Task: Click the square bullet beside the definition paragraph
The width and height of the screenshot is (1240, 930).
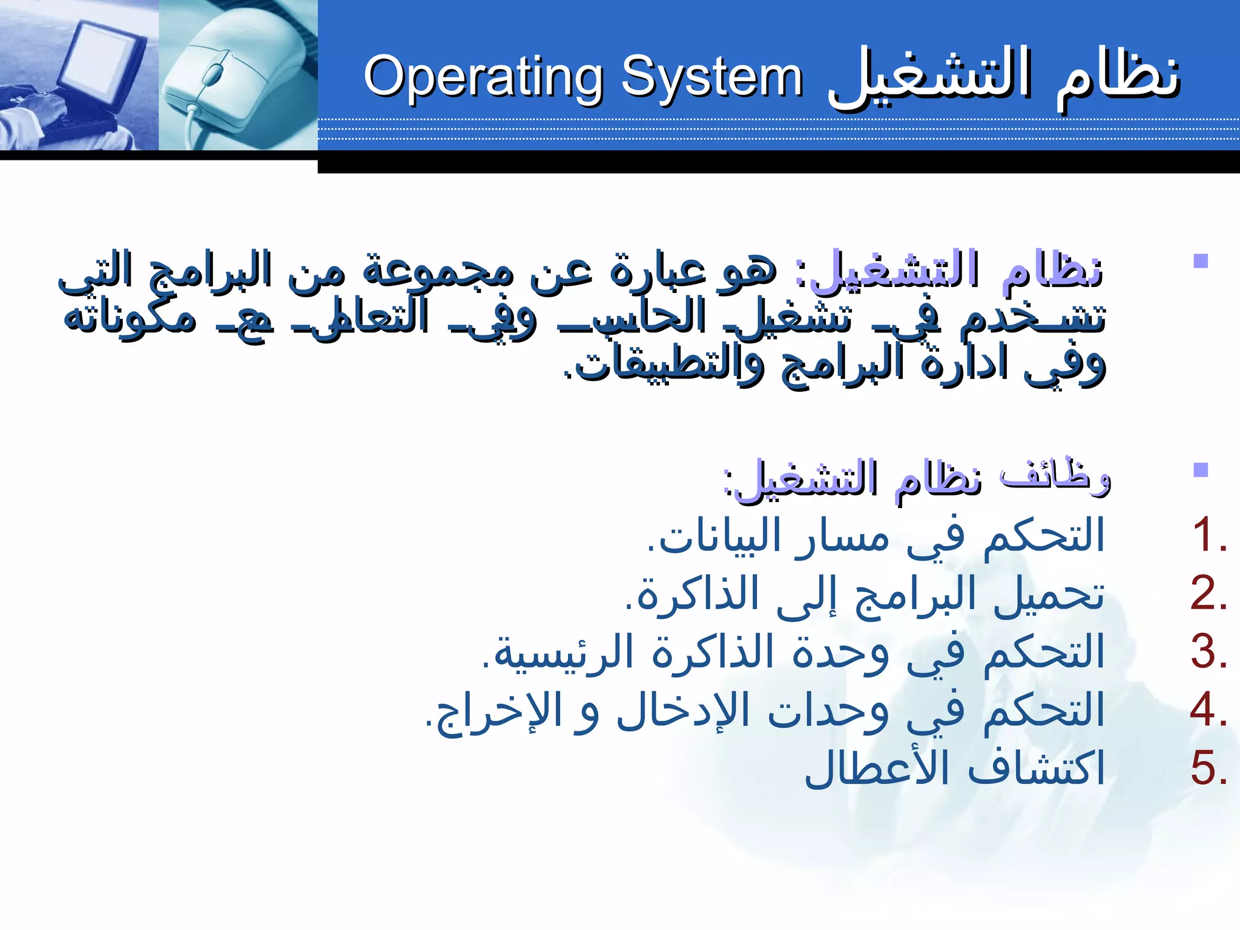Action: click(1200, 262)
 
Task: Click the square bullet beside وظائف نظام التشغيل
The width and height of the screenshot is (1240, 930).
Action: click(1200, 470)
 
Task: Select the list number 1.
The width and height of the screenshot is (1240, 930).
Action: click(1208, 535)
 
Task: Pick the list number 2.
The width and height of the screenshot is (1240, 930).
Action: click(1208, 593)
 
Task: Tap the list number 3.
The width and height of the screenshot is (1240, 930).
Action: click(1208, 652)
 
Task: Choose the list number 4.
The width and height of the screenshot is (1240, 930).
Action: click(1208, 710)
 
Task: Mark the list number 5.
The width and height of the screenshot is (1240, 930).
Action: click(1208, 768)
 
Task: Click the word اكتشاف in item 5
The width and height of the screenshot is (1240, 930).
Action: click(1035, 768)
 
